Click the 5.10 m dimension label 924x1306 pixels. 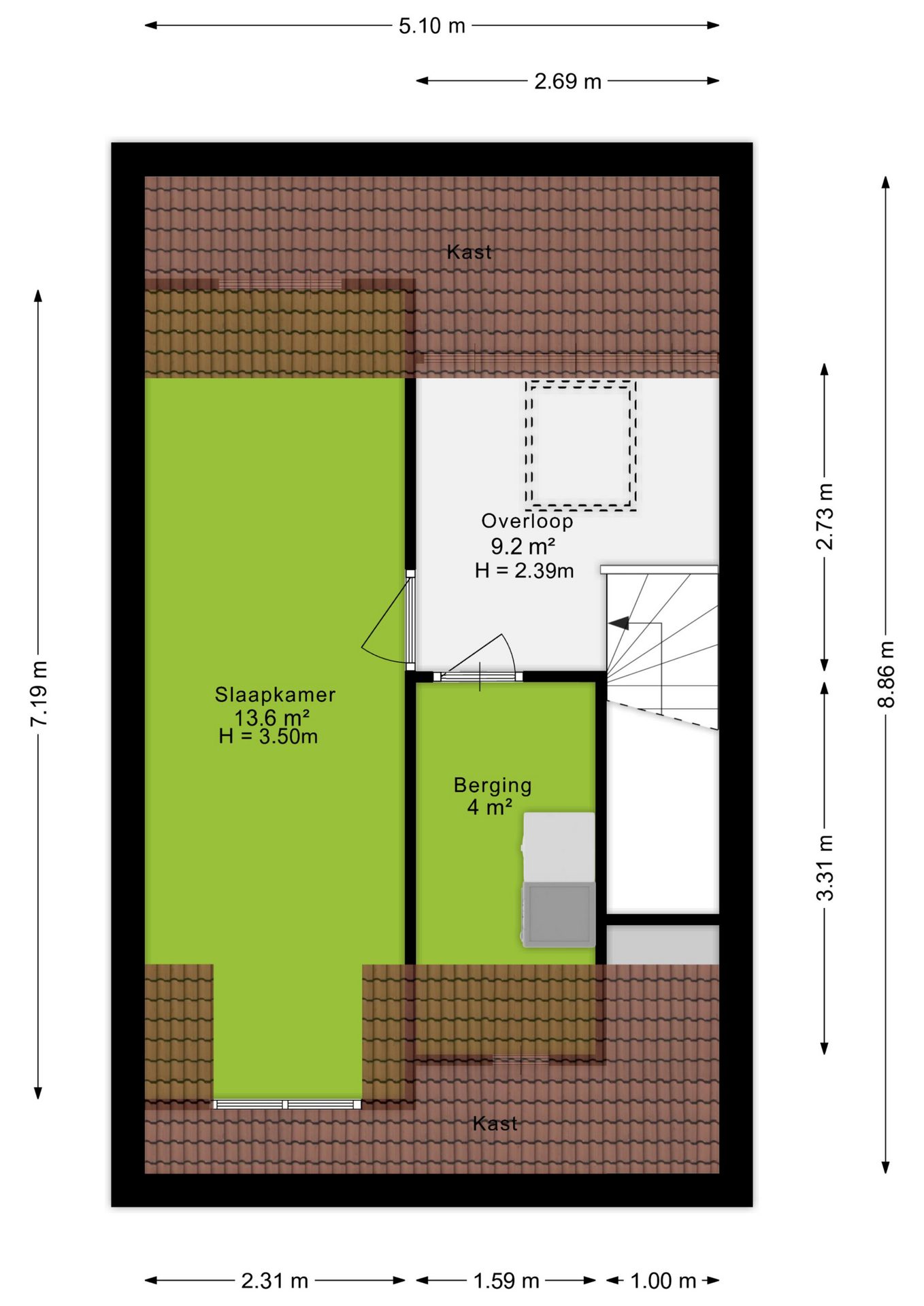tap(431, 26)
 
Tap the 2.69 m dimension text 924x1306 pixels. tap(567, 82)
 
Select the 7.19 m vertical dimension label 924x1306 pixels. tap(39, 693)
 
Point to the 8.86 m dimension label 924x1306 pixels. tap(886, 674)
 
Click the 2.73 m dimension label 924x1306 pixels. tap(825, 516)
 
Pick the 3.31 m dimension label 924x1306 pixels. tap(825, 867)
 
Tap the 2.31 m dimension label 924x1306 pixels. tap(275, 1282)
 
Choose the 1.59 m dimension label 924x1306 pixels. tap(506, 1282)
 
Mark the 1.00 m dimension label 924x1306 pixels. tap(663, 1282)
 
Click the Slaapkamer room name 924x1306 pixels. tap(275, 694)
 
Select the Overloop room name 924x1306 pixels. tap(527, 521)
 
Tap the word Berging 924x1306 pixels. tap(493, 786)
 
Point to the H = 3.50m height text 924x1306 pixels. tap(268, 737)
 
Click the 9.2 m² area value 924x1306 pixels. tap(523, 546)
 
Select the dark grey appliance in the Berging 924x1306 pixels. tap(558, 914)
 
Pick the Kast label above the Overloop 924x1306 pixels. tap(469, 252)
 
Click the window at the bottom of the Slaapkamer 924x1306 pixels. tap(287, 1104)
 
